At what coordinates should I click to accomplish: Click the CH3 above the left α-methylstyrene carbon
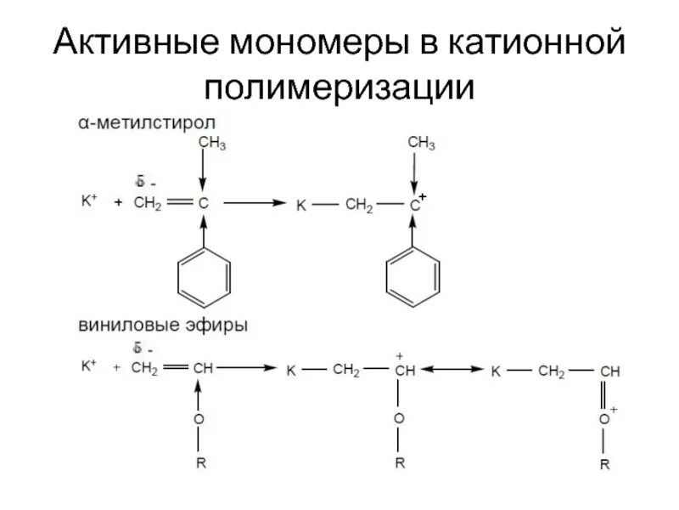211,144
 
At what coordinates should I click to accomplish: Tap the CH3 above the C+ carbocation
421,144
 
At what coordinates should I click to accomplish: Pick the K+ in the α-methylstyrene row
89,201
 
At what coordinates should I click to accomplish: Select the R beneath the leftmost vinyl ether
199,464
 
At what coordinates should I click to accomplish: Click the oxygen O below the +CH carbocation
400,419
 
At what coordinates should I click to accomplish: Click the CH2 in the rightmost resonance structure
553,371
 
